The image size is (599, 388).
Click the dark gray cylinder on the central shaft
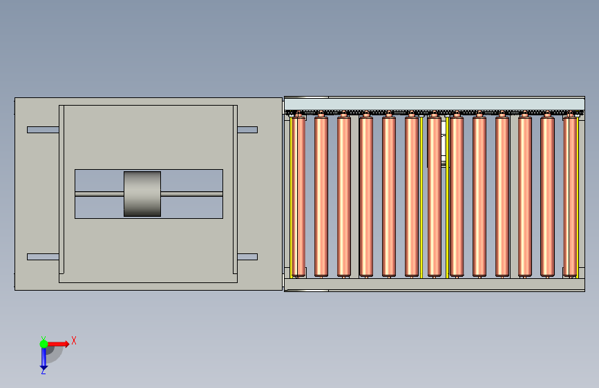point(142,194)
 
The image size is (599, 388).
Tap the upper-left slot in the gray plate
point(43,130)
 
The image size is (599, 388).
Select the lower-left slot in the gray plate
point(43,257)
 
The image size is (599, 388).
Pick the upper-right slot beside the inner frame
point(247,130)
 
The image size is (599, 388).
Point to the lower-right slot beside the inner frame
point(247,257)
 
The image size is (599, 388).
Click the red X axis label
point(74,340)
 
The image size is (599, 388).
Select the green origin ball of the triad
point(44,344)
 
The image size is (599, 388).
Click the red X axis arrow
point(58,344)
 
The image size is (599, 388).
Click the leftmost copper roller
point(299,195)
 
